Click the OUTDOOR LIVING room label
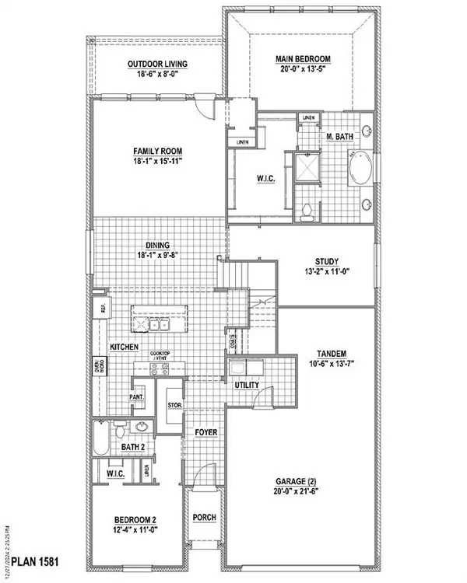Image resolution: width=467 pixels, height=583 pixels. [x=157, y=64]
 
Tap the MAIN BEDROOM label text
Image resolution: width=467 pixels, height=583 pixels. [x=303, y=58]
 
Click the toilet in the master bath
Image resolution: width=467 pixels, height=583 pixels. [x=309, y=209]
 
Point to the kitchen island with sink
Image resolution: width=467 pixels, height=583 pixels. [x=160, y=318]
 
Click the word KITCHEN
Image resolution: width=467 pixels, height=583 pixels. [x=125, y=345]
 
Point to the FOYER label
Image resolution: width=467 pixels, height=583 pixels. [x=206, y=431]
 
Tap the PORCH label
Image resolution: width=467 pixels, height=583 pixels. [x=204, y=518]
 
